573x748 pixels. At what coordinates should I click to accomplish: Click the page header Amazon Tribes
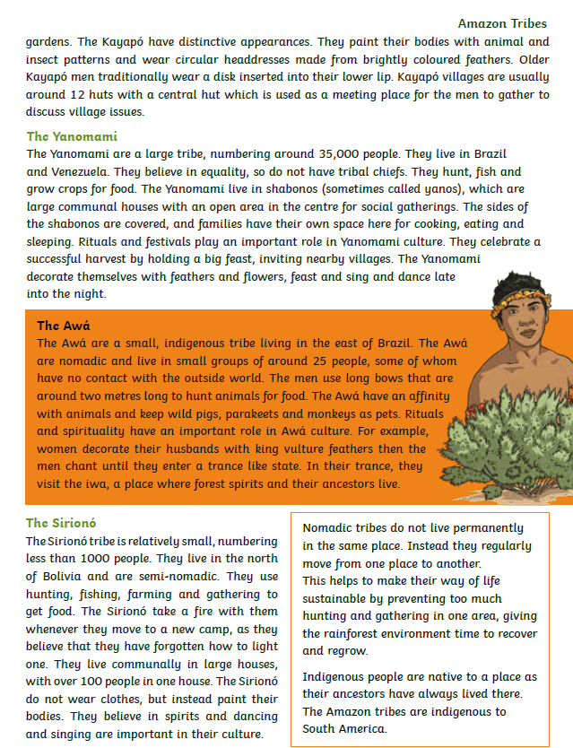(x=502, y=23)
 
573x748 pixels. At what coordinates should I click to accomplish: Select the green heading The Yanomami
(x=72, y=136)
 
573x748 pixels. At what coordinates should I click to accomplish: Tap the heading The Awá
(x=64, y=326)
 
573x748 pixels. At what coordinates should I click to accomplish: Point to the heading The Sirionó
(x=61, y=523)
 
